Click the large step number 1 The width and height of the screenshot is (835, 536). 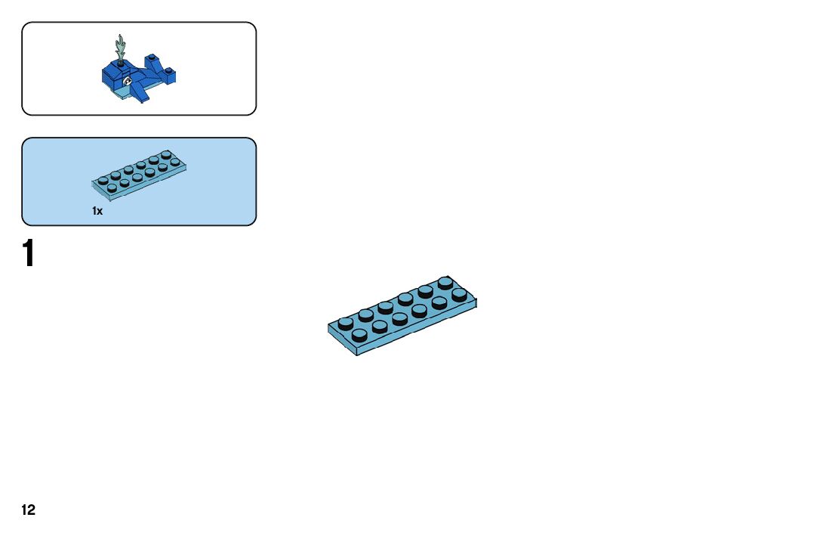coord(29,254)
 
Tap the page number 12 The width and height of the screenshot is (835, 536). coord(28,510)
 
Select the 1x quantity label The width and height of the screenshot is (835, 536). coord(97,211)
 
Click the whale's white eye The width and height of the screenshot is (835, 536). coord(128,81)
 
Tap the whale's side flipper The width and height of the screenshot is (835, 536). coord(140,94)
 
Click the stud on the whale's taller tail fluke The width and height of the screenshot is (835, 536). coord(151,56)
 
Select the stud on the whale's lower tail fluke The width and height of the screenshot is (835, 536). coord(171,72)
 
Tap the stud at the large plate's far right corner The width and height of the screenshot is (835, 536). coord(445,283)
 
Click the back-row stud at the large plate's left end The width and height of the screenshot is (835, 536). coord(346,323)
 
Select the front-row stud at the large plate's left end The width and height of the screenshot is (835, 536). coord(359,333)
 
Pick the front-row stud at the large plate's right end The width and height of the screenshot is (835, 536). coord(458,294)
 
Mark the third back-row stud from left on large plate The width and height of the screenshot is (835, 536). coord(385,307)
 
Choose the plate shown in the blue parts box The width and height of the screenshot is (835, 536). coord(140,175)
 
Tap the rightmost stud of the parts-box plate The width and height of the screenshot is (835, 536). coord(175,162)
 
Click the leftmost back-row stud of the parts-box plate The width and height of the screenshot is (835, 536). coord(103,180)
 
